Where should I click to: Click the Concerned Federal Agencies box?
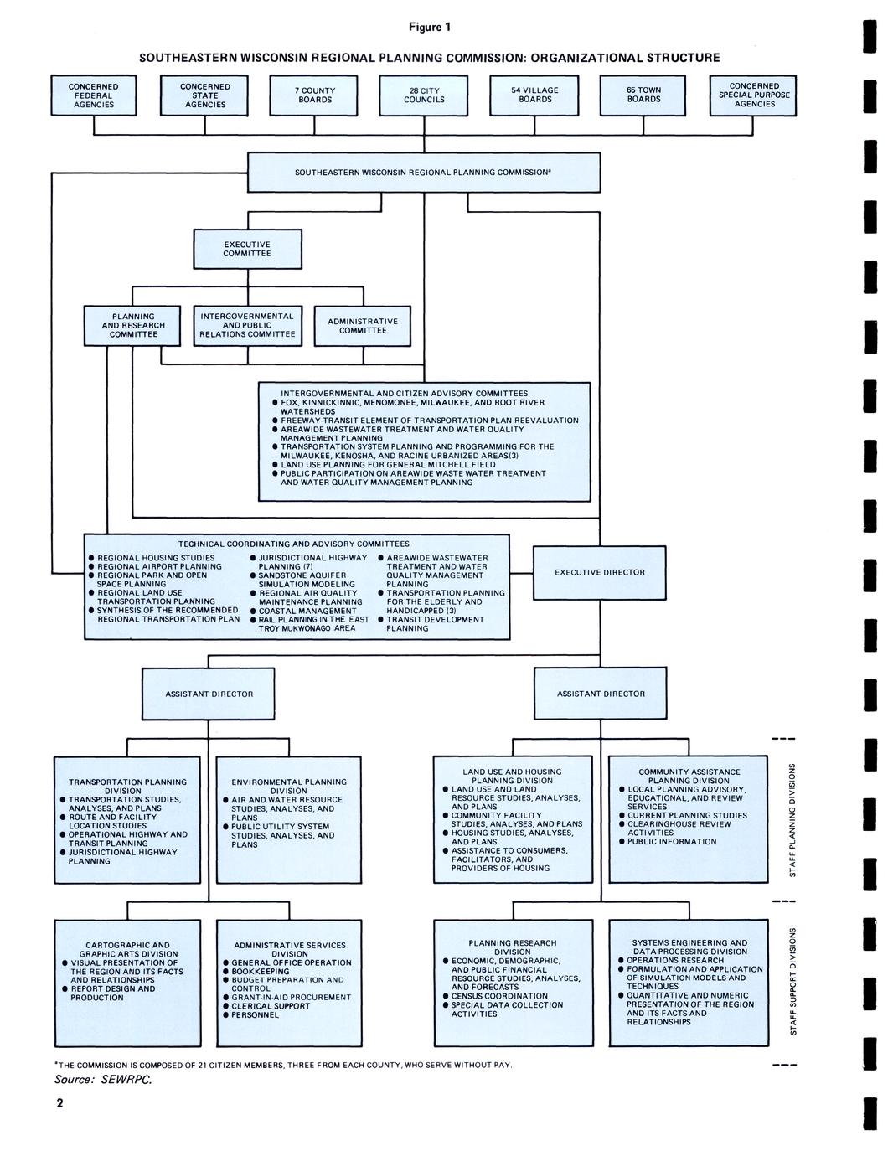(94, 95)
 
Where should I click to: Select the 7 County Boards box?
(314, 95)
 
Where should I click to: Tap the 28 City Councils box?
(424, 95)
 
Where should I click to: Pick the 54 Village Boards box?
(534, 95)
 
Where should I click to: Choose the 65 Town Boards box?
(643, 95)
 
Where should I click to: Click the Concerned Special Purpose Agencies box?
(754, 95)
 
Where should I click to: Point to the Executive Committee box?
(247, 249)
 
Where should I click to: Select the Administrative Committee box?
(363, 326)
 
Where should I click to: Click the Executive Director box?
(600, 573)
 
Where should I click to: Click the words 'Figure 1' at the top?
(429, 27)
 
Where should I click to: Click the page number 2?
(59, 1102)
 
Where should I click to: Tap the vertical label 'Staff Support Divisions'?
(792, 981)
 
